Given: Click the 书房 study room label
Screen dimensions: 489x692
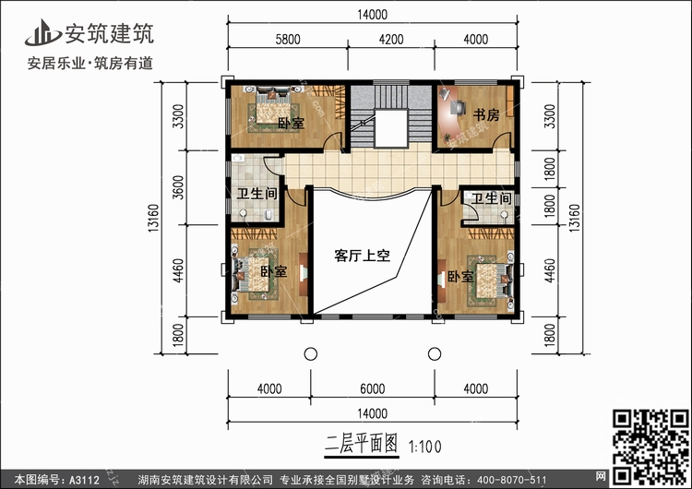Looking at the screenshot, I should tap(486, 114).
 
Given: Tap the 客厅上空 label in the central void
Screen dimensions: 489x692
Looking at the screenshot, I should tap(362, 256).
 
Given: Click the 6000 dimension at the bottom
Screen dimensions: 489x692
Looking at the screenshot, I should tap(373, 389).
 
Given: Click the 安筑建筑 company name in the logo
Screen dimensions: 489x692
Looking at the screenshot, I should tap(108, 33).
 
